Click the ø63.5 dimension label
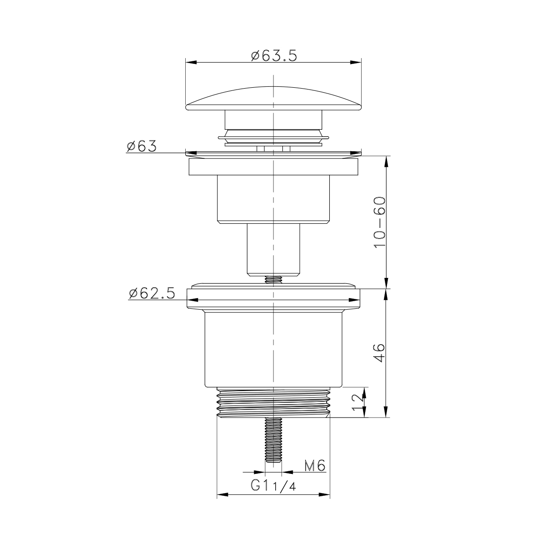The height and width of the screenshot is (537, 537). (274, 56)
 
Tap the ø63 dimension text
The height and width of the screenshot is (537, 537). (141, 146)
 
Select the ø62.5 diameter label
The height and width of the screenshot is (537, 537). (152, 294)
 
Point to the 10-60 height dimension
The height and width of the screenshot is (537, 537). (380, 222)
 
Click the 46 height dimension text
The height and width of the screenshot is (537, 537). (380, 353)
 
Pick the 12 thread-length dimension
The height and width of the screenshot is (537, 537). (358, 402)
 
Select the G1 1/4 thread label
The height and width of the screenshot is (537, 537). (273, 486)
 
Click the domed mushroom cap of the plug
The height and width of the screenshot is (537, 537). (273, 98)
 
